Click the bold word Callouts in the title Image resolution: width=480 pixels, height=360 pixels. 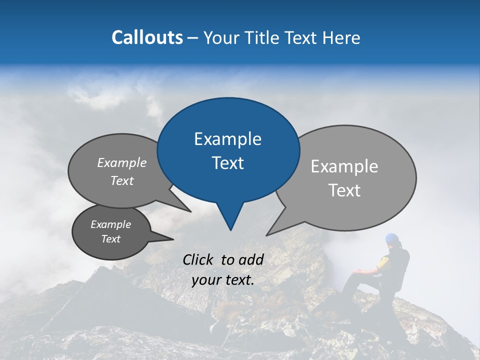tap(147, 37)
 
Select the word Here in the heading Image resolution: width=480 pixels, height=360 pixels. tap(341, 38)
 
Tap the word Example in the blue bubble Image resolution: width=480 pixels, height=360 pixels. tap(227, 139)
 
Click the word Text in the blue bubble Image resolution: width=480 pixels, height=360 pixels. tap(227, 163)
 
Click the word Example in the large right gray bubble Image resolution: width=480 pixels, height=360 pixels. tap(344, 166)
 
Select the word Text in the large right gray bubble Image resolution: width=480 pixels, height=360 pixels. tap(344, 190)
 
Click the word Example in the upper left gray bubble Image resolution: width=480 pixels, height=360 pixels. tap(122, 162)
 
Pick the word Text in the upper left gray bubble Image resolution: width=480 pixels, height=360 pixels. tap(122, 180)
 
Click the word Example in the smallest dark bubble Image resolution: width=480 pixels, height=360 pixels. tap(110, 224)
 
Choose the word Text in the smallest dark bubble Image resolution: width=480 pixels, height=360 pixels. tap(110, 239)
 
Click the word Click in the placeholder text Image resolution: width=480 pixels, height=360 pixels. tap(199, 259)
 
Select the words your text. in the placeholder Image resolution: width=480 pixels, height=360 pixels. tap(223, 280)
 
